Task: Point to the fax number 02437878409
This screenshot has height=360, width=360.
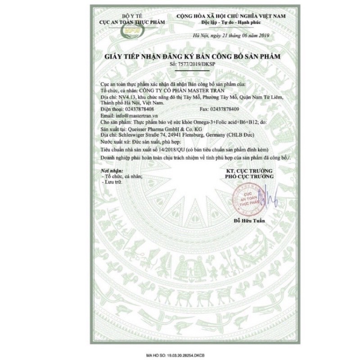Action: pyautogui.click(x=232, y=109)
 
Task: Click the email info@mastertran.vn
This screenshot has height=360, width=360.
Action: pyautogui.click(x=131, y=115)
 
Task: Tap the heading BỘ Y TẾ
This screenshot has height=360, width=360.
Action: pyautogui.click(x=132, y=16)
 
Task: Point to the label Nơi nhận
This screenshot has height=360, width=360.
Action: pyautogui.click(x=110, y=171)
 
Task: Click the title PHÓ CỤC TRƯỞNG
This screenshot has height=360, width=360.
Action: pyautogui.click(x=249, y=177)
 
